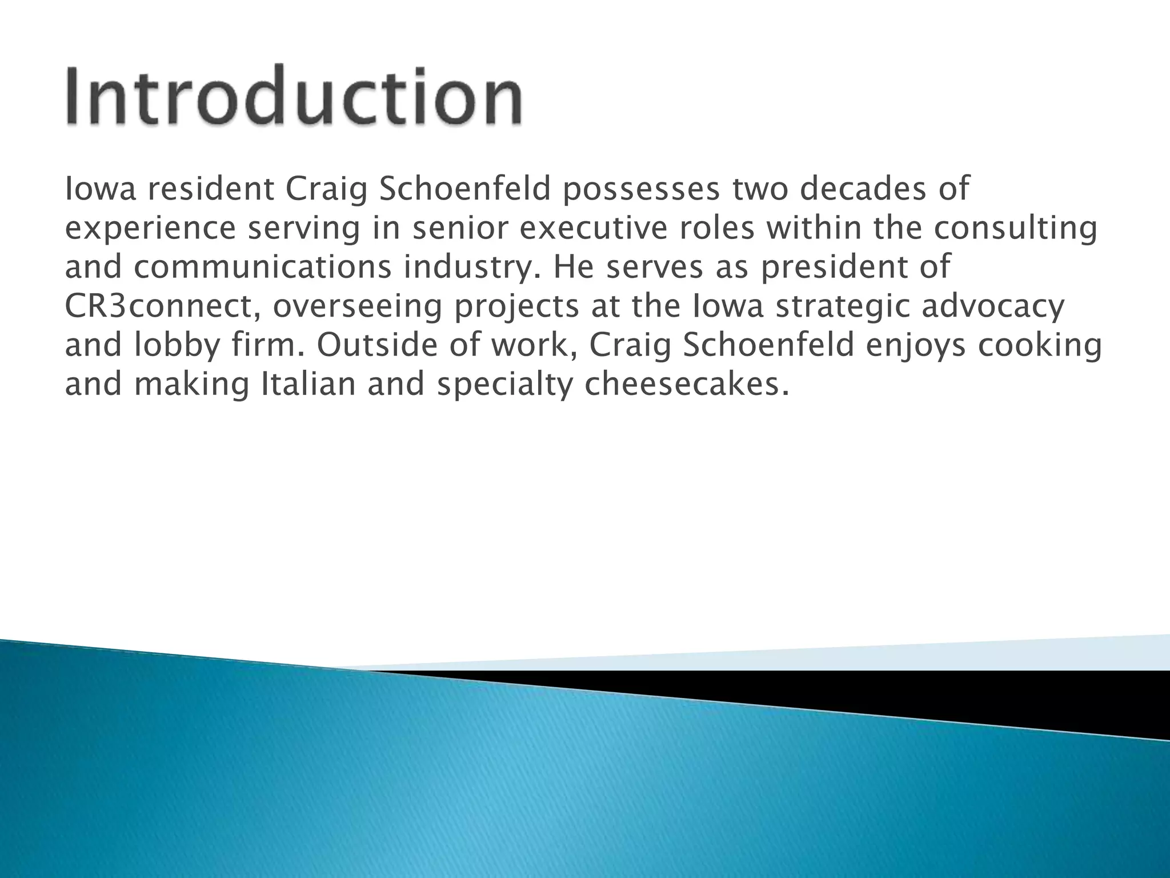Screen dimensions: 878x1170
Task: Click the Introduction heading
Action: pyautogui.click(x=294, y=96)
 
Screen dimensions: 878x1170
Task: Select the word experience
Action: pyautogui.click(x=150, y=229)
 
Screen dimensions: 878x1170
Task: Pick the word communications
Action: pyautogui.click(x=263, y=268)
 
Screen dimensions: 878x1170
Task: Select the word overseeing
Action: pyautogui.click(x=357, y=308)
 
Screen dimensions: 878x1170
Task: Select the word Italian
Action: pyautogui.click(x=308, y=384)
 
